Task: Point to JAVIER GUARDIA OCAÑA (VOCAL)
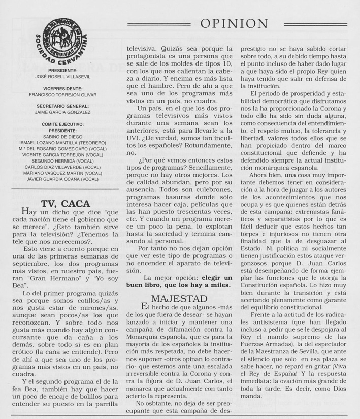point(63,179)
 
